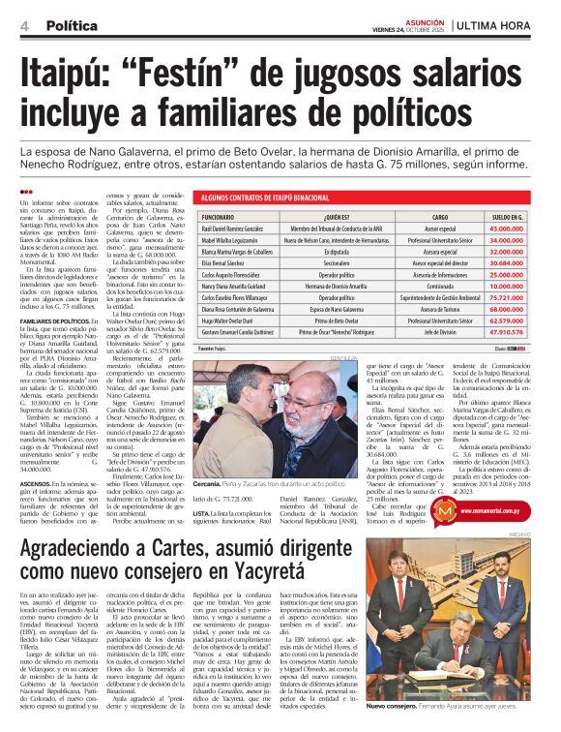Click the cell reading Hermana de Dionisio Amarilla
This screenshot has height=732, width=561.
(x=330, y=288)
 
